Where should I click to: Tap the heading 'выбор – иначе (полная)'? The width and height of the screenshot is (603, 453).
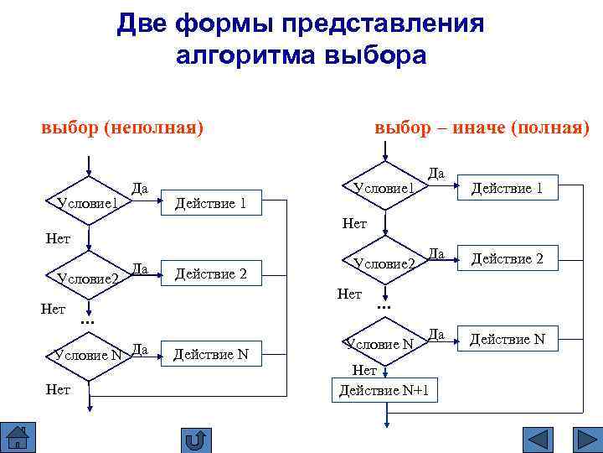click(x=482, y=128)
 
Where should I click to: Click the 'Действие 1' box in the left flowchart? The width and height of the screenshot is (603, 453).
click(x=209, y=203)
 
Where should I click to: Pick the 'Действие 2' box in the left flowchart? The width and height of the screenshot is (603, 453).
click(x=209, y=273)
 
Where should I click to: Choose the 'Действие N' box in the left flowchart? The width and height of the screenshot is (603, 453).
click(x=210, y=354)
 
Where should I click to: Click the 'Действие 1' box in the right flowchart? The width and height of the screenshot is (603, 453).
click(x=507, y=189)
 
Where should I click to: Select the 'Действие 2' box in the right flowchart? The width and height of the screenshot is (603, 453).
click(x=507, y=259)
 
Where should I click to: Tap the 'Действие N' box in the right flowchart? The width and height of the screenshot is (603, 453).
click(x=507, y=339)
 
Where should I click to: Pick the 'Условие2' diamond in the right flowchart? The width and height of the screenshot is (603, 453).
click(x=384, y=263)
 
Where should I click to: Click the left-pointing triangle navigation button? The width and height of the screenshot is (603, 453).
click(x=537, y=440)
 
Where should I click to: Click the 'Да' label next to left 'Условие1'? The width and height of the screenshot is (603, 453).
click(x=139, y=189)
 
